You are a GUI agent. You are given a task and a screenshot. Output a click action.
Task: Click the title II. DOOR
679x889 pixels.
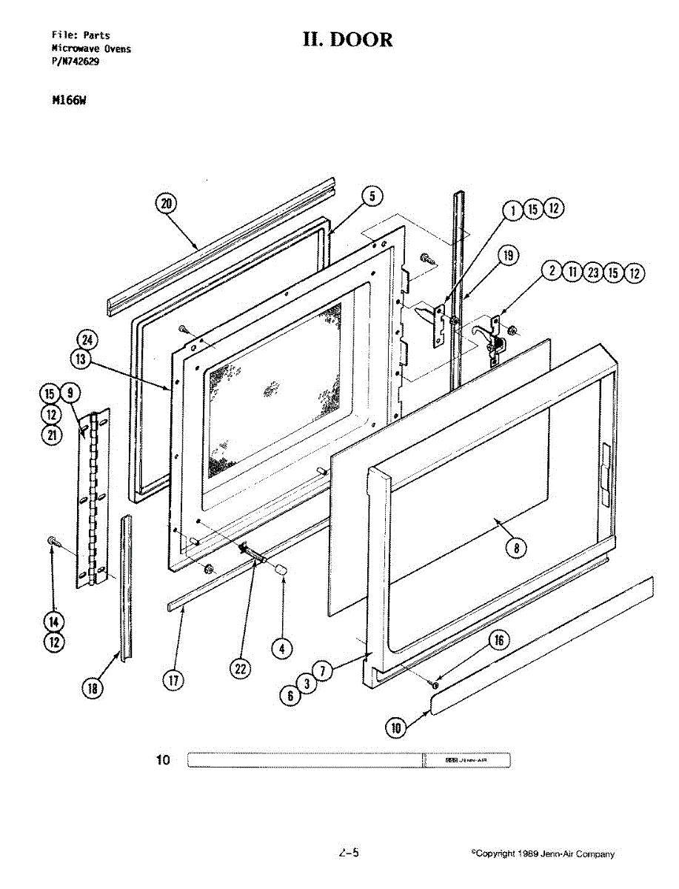(x=348, y=39)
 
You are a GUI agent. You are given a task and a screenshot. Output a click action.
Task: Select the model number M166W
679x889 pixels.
(x=66, y=101)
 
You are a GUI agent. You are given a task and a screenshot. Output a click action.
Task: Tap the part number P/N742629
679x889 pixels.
(x=76, y=62)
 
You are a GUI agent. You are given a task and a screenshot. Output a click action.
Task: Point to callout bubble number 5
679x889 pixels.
(x=372, y=196)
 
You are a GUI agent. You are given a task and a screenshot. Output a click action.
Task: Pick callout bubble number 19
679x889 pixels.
(x=507, y=256)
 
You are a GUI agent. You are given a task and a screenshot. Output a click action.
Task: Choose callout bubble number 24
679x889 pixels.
(x=87, y=340)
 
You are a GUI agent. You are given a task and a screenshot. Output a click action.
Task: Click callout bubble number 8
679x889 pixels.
(x=516, y=547)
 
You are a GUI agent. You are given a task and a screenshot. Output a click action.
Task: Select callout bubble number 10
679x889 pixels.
(x=396, y=727)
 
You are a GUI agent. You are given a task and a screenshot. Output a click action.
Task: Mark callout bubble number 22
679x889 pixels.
(x=240, y=668)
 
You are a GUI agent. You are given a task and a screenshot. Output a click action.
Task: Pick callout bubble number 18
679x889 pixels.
(x=93, y=688)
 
